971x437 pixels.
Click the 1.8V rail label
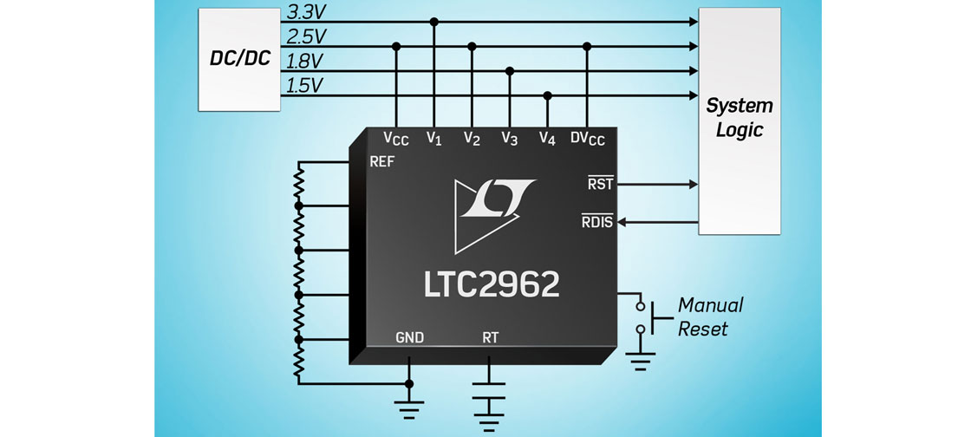pos(304,62)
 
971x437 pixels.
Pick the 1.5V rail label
pos(304,86)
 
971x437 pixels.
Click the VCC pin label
pos(396,139)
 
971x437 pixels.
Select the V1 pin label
pos(434,138)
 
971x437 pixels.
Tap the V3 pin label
pos(510,138)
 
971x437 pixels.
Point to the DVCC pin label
pos(588,139)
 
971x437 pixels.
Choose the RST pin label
pos(600,184)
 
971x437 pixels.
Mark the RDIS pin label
pos(597,222)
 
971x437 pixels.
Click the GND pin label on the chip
pos(409,337)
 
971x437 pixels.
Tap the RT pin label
pos(490,337)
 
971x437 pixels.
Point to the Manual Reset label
pos(710,316)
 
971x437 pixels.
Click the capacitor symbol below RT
pos(490,391)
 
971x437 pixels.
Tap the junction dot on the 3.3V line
pos(434,21)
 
